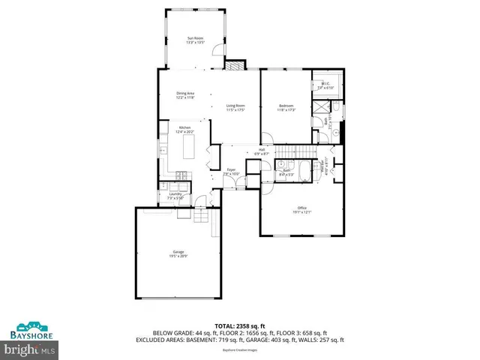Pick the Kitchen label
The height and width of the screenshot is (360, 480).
click(184, 128)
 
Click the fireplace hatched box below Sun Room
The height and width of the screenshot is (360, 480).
click(236, 65)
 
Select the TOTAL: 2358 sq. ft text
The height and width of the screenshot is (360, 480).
click(239, 325)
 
